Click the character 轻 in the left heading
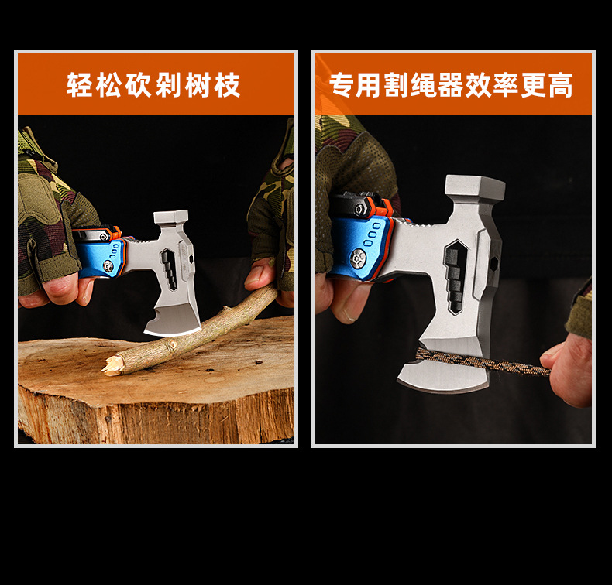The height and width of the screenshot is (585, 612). pyautogui.click(x=80, y=85)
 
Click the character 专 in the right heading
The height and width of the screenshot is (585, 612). pyautogui.click(x=342, y=85)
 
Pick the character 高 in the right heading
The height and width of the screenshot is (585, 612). pyautogui.click(x=560, y=85)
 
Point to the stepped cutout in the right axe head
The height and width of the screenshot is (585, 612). pyautogui.click(x=456, y=275)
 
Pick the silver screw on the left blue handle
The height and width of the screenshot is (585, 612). pyautogui.click(x=108, y=265)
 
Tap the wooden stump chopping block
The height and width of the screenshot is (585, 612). pyautogui.click(x=155, y=395)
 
